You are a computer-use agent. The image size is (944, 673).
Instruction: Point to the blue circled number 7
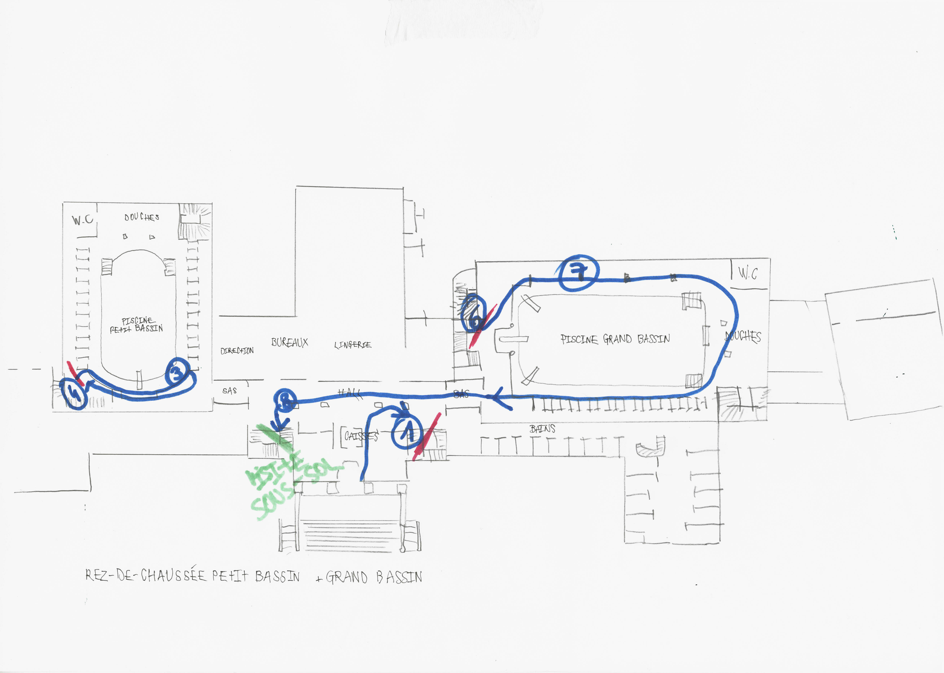click(578, 274)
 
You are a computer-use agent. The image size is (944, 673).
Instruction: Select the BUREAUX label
click(289, 342)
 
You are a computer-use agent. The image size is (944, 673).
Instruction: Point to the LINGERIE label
click(352, 344)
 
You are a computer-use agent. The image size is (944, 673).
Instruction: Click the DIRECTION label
click(237, 351)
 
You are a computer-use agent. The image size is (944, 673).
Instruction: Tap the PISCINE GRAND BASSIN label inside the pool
click(615, 339)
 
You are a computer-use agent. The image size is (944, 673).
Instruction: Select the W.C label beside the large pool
click(748, 273)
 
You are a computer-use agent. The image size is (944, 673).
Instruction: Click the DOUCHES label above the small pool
click(142, 217)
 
